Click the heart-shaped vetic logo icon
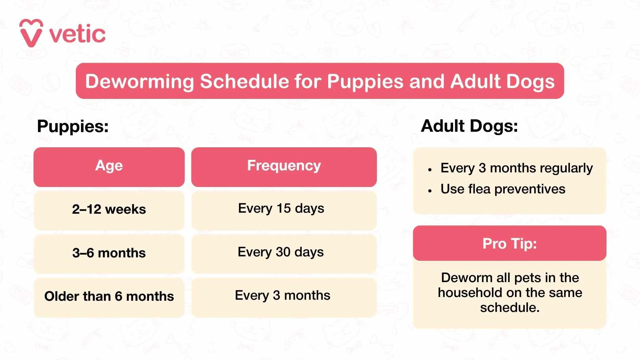tap(31, 33)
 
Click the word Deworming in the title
tap(139, 82)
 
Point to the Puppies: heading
tap(73, 126)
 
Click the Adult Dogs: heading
tap(469, 126)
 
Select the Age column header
tap(109, 166)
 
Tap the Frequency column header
tap(284, 166)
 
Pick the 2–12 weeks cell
tap(109, 209)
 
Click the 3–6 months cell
tap(109, 253)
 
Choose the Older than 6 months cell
tap(109, 296)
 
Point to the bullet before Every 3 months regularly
tap(430, 170)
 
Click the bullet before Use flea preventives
tap(430, 191)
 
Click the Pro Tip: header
tap(509, 244)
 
